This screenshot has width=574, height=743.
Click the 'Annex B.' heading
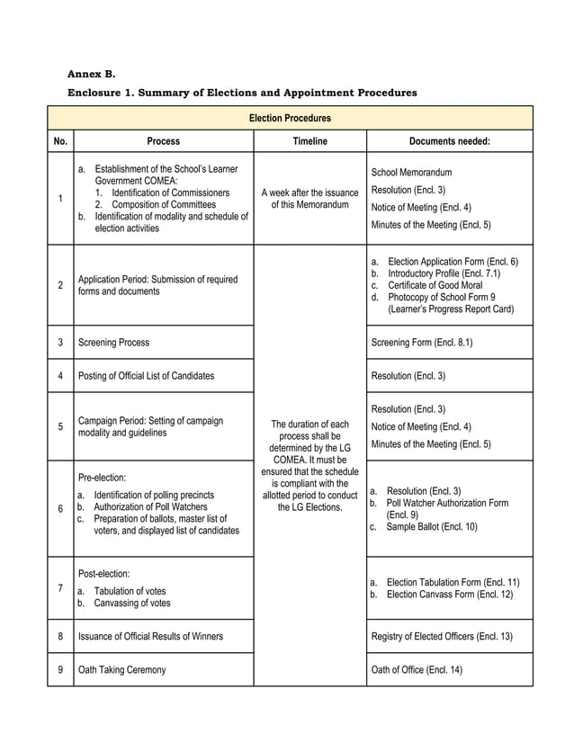tap(92, 73)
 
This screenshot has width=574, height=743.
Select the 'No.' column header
tap(60, 141)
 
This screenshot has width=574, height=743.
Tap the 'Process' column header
tap(163, 141)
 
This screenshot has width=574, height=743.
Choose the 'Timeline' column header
tap(309, 141)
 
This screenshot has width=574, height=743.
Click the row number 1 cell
tap(60, 199)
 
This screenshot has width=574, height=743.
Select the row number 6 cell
tap(60, 509)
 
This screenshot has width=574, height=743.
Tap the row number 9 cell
tap(60, 669)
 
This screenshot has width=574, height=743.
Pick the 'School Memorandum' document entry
tap(411, 172)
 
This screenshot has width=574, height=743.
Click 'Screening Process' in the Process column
tap(114, 343)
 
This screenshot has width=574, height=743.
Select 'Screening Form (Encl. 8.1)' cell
tap(422, 343)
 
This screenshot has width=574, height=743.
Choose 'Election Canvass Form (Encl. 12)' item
tap(450, 595)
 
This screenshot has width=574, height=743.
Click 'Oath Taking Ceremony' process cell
tap(122, 669)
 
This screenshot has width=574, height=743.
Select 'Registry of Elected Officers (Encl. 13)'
tap(442, 636)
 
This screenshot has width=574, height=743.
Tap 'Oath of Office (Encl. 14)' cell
tap(417, 669)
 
